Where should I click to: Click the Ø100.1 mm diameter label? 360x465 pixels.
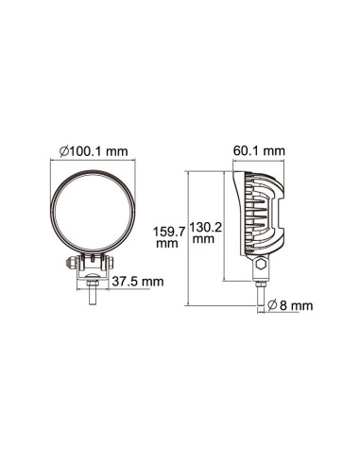pos(93,150)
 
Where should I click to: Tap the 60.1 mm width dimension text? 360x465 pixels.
pos(259,150)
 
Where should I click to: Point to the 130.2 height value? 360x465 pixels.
pos(205,227)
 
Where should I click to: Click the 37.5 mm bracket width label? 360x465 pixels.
pos(138,281)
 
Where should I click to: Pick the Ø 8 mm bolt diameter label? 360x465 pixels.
pos(288,304)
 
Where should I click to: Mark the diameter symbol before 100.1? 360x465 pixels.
pos(63,150)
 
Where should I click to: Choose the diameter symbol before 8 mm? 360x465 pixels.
pos(271,304)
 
